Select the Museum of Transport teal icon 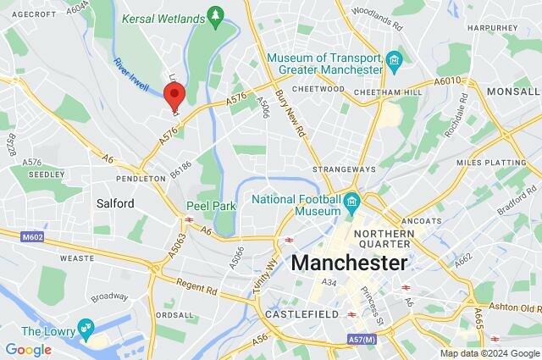(394, 60)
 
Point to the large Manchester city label (349, 263)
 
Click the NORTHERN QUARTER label (384, 241)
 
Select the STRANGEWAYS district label (338, 169)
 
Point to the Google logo (28, 349)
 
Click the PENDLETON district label (141, 179)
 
